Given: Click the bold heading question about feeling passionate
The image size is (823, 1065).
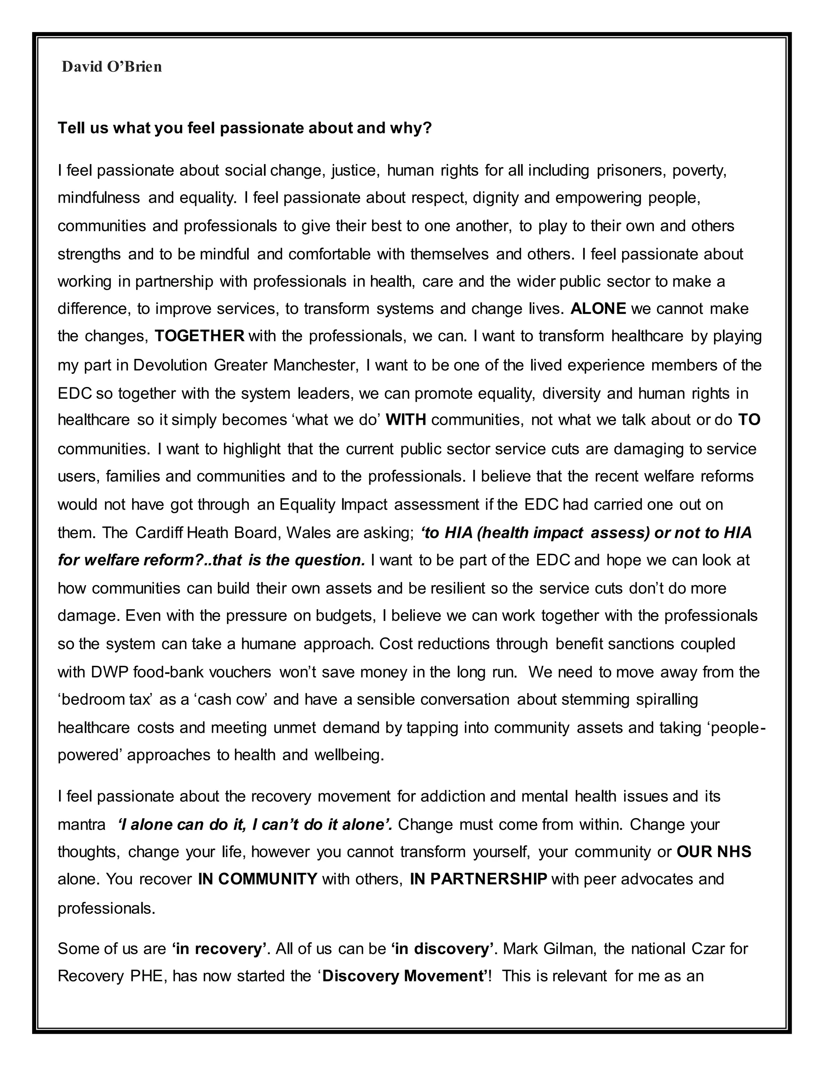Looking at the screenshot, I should pos(245,128).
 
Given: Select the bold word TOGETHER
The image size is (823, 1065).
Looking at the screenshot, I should pos(199,336).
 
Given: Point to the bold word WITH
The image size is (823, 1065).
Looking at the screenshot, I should pos(405,420).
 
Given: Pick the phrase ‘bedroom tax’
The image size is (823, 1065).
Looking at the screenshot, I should pos(105,699).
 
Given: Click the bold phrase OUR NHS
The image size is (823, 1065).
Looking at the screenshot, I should pos(714,852).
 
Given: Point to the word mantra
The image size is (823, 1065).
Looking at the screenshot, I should pos(82,825).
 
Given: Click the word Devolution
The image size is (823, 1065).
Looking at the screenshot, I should pos(170,365).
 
